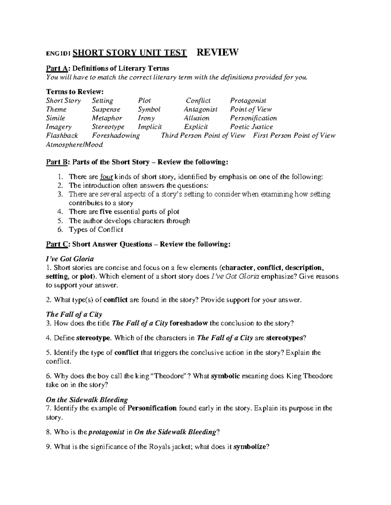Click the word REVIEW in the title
tap(218, 52)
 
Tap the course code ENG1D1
tap(59, 54)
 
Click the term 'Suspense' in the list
tap(106, 110)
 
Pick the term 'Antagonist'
tap(200, 110)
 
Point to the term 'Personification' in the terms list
tap(253, 118)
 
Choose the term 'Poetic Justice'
tap(251, 127)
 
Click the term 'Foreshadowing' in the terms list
tap(116, 136)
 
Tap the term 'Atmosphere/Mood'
tap(75, 145)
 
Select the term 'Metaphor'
tap(107, 118)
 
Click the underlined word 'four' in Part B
tap(107, 177)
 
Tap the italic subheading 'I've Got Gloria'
tap(70, 259)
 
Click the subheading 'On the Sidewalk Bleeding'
tap(87, 400)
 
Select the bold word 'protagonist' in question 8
tap(107, 432)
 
